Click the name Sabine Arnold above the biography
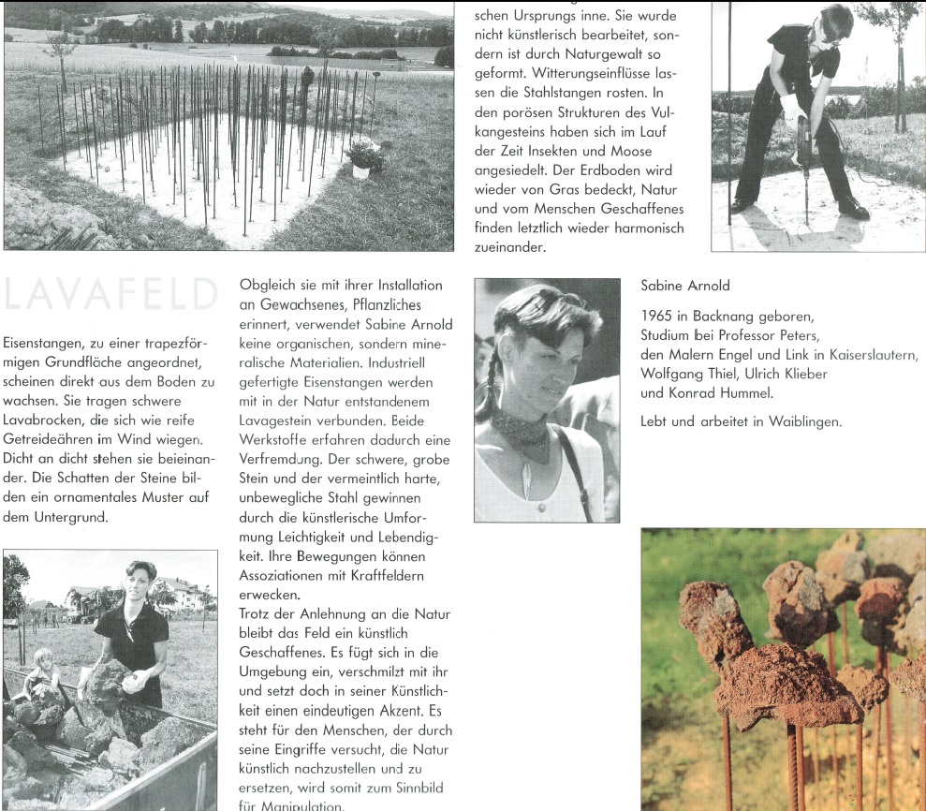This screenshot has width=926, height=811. click(x=685, y=285)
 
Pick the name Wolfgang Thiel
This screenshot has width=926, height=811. click(x=685, y=375)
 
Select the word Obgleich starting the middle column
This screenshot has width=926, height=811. click(x=268, y=285)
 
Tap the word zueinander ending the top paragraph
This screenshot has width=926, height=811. click(x=509, y=247)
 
